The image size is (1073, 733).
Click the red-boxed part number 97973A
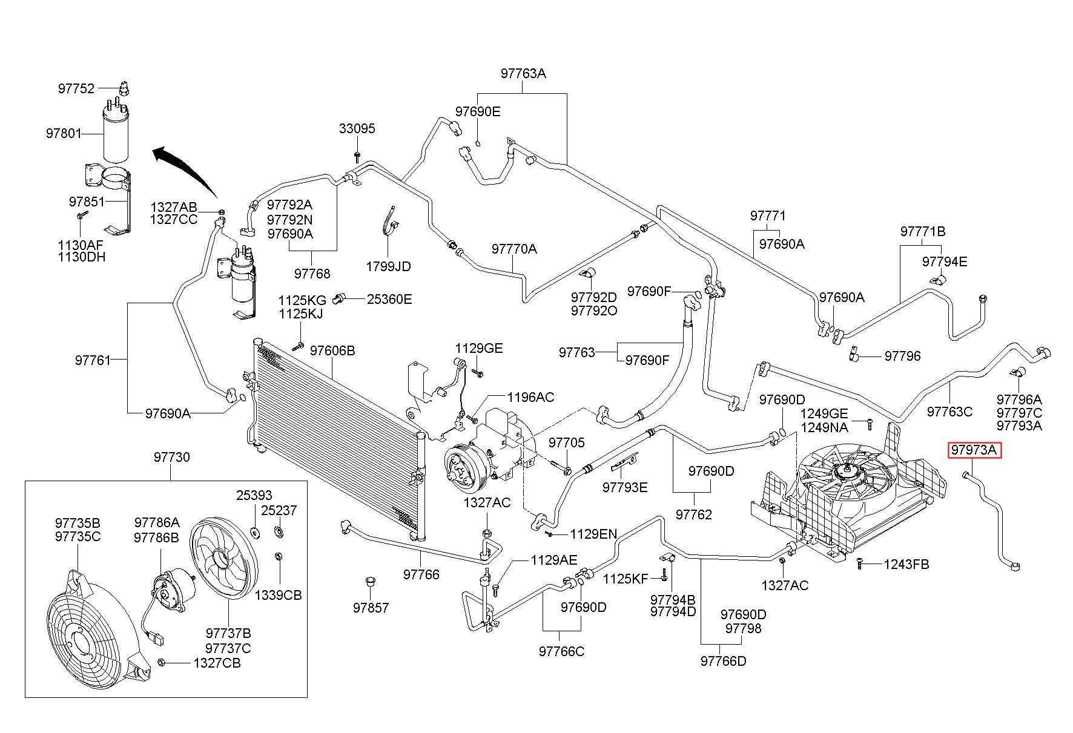click(x=975, y=450)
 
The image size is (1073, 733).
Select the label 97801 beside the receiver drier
click(x=64, y=133)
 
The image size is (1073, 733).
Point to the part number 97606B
click(x=332, y=350)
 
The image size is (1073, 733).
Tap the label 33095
click(x=357, y=128)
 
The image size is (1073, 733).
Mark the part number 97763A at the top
click(x=523, y=73)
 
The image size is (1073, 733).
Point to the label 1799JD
click(x=388, y=266)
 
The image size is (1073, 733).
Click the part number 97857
click(x=371, y=608)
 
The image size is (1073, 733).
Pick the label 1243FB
click(x=906, y=564)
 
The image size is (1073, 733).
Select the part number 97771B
click(x=922, y=231)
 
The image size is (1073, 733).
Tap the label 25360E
click(x=389, y=299)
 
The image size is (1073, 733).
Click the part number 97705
click(x=567, y=442)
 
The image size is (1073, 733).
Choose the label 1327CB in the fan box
click(x=217, y=663)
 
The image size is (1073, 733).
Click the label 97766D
click(x=724, y=661)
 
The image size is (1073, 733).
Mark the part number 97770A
click(x=514, y=249)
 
